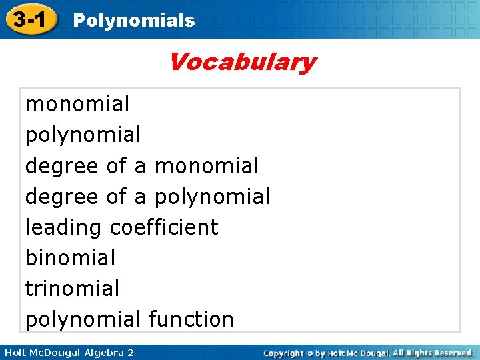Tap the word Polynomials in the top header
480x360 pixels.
coord(133,21)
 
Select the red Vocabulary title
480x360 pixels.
coord(241,63)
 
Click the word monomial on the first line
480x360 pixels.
coord(77,104)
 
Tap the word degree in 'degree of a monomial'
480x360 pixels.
coord(62,166)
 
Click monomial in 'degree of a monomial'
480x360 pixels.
coord(206,166)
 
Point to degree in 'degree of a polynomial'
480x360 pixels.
coord(62,197)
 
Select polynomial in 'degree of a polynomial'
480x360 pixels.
coord(212,197)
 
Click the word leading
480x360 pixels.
coord(64,227)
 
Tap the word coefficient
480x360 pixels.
coord(164,227)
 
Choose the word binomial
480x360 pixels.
coord(70,257)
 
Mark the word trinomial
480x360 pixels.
coord(72,288)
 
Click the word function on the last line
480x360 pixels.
coord(191,319)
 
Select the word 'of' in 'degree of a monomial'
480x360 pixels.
coord(117,166)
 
